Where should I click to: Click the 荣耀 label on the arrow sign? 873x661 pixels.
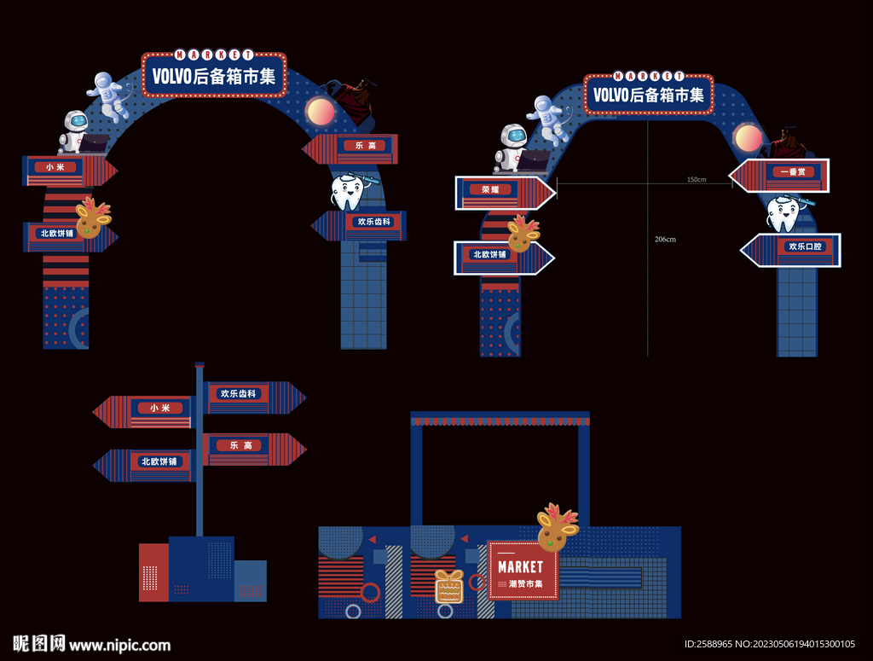(x=490, y=190)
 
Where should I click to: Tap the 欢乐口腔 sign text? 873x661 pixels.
(x=806, y=246)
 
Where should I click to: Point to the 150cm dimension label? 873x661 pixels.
(x=697, y=180)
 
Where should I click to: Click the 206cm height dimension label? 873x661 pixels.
(x=665, y=240)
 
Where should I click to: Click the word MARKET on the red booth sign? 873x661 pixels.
(x=520, y=566)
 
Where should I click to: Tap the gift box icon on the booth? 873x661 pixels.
(x=448, y=586)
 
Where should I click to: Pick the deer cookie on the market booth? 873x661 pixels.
(x=558, y=528)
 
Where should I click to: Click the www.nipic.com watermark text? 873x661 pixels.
(x=119, y=645)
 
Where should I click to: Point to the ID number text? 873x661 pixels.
(x=770, y=644)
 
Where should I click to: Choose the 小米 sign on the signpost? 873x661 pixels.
(x=160, y=409)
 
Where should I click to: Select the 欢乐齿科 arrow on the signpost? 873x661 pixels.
(x=239, y=394)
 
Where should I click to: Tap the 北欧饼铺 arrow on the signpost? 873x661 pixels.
(x=160, y=461)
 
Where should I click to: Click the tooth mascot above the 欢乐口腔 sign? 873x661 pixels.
(x=784, y=213)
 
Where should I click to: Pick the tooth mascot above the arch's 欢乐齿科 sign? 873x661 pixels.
(x=348, y=192)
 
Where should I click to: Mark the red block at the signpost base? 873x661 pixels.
(x=154, y=571)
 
